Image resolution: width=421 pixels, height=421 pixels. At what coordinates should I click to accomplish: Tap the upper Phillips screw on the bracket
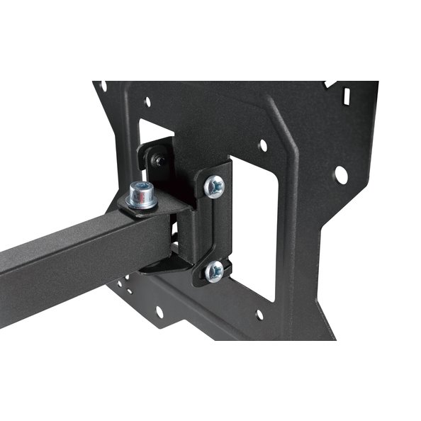213,186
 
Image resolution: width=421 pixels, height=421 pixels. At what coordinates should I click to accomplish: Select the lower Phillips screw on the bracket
213,270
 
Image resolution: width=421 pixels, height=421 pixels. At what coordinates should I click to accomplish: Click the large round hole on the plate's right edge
341,174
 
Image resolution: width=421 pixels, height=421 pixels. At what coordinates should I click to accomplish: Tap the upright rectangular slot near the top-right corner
347,92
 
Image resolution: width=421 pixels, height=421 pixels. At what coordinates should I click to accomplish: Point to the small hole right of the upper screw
263,145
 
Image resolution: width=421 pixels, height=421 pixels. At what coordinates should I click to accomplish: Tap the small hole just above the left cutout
147,102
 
